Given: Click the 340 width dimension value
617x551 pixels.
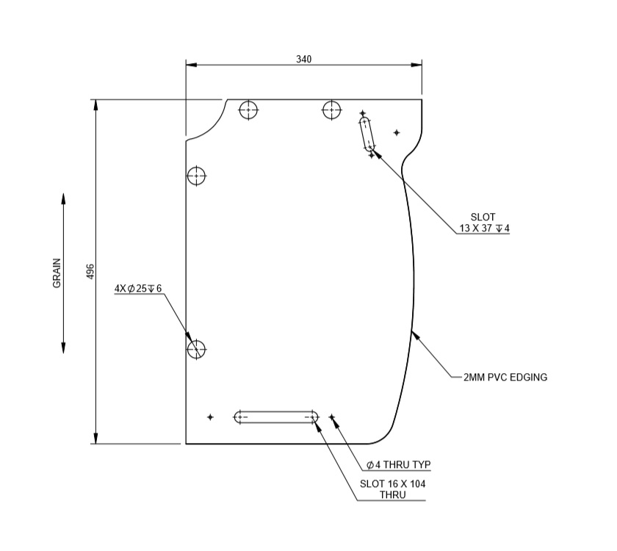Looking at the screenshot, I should [303, 59].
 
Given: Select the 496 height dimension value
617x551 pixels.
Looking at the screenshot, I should [90, 271].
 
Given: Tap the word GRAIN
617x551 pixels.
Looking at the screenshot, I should [57, 273].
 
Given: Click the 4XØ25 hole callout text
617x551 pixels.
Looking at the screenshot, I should [137, 289].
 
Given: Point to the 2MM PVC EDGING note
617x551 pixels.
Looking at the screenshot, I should [505, 377].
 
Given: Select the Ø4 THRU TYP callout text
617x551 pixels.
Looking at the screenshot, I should [398, 465].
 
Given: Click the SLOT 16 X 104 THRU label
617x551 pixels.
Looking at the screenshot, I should [392, 489].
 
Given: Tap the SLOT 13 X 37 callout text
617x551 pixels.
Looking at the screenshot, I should [483, 223].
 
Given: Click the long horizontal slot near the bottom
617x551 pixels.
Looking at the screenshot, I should [276, 417].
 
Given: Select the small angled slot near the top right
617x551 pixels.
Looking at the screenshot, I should [367, 133].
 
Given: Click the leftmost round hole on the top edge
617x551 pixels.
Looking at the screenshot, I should [249, 110].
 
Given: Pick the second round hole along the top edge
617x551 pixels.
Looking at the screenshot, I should [332, 110].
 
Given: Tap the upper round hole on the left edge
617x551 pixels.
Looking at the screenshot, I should [196, 176].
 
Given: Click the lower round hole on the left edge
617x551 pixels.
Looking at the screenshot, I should [196, 349].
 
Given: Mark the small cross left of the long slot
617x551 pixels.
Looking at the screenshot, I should [210, 417].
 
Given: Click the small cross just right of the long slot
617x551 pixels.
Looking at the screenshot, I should [332, 417].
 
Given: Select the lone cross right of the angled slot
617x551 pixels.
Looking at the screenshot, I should [397, 133].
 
